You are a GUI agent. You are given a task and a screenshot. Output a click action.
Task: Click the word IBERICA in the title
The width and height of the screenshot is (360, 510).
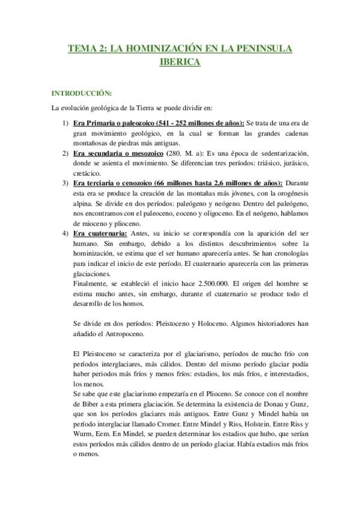pos(180,61)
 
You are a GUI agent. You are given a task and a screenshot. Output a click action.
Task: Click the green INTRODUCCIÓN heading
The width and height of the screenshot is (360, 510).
pos(82,94)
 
